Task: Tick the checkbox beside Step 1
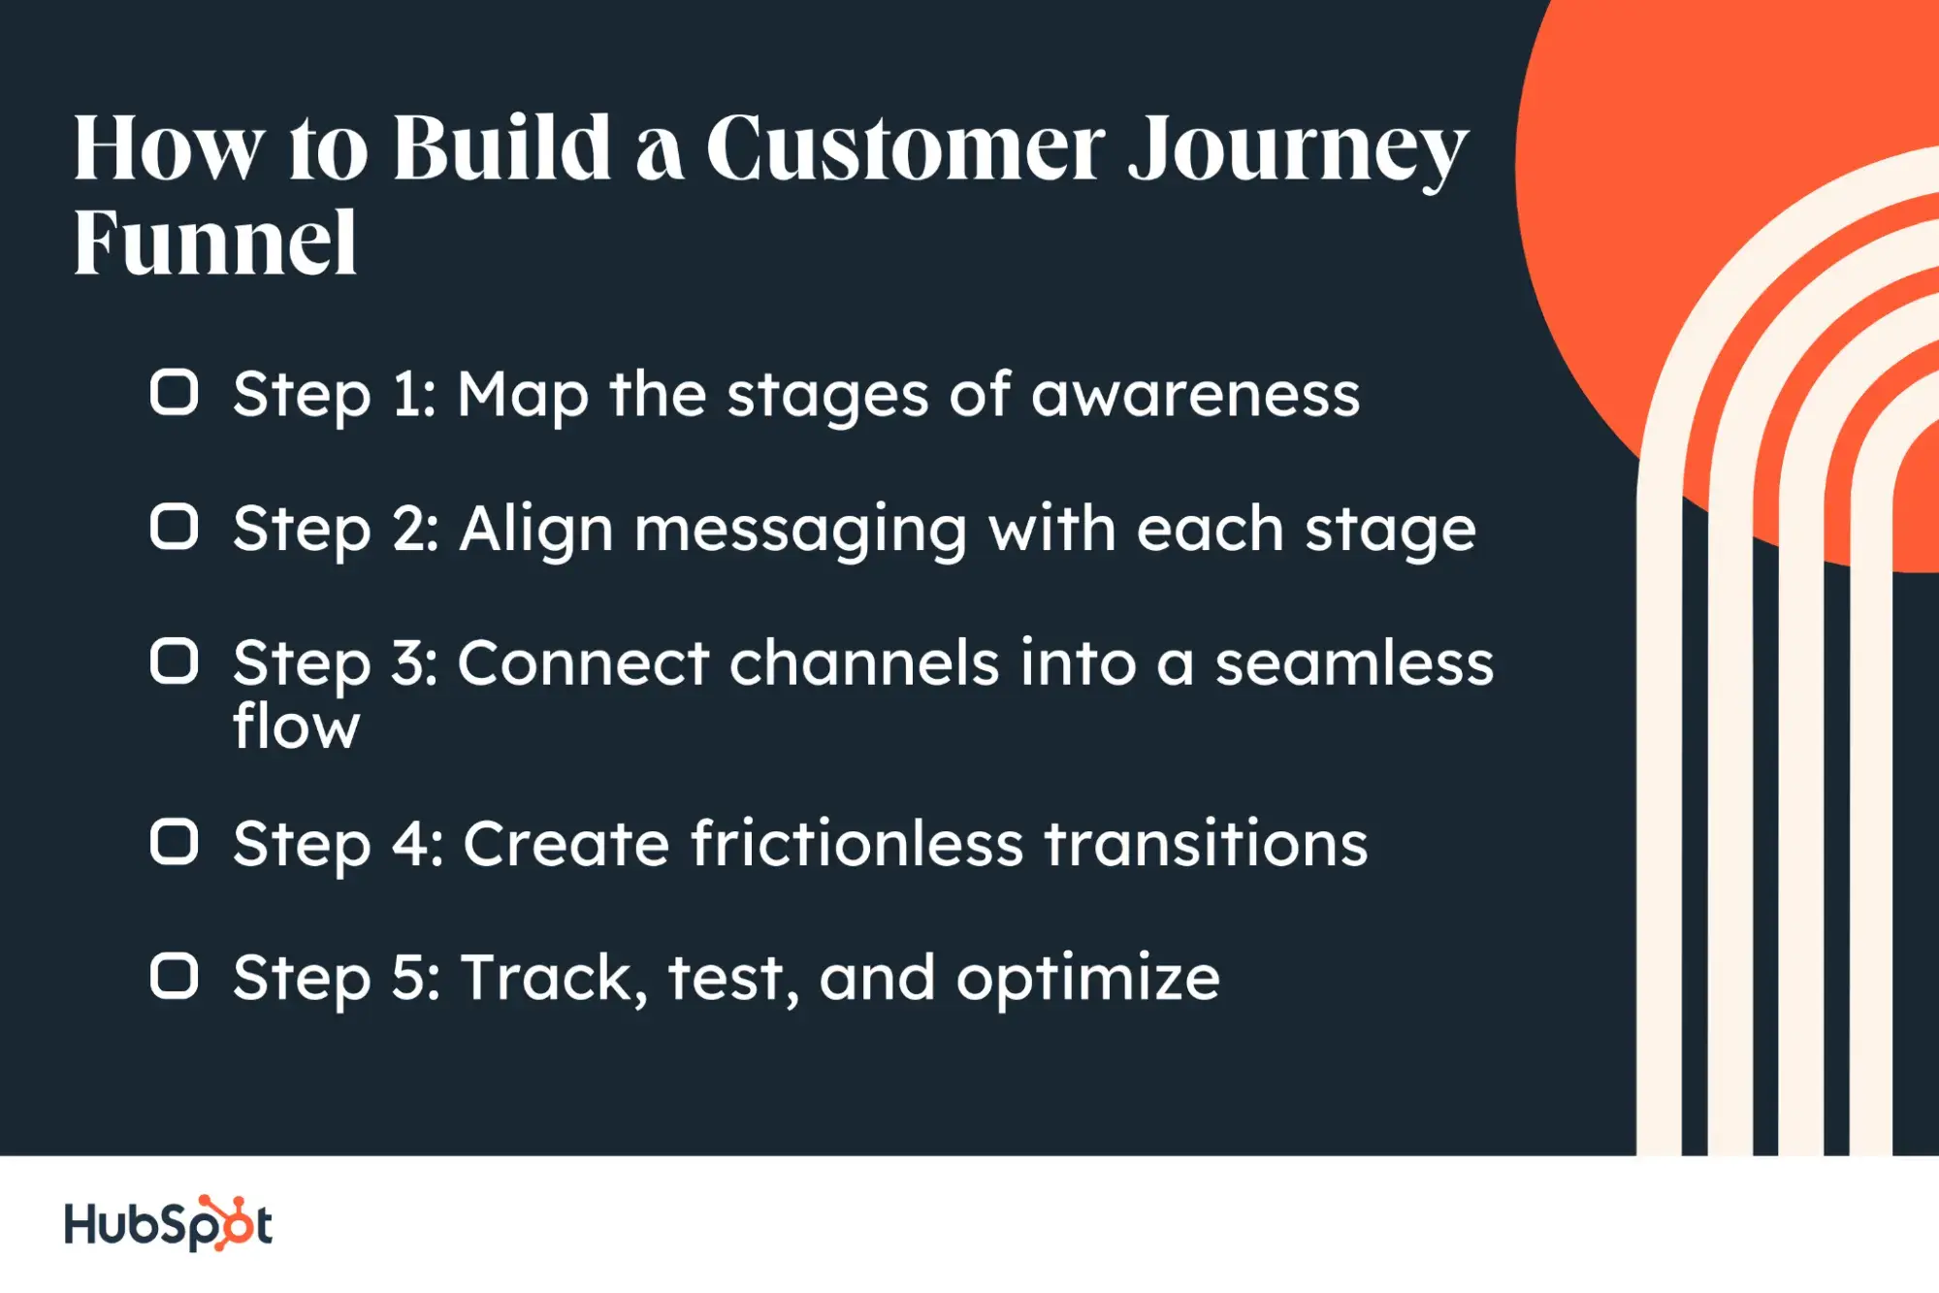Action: click(175, 393)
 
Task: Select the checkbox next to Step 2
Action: click(175, 527)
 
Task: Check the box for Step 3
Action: click(175, 662)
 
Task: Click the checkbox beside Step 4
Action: click(175, 841)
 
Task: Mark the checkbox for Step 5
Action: click(175, 976)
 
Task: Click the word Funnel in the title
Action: click(215, 243)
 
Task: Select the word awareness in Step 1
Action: click(1195, 396)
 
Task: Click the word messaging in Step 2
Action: click(800, 532)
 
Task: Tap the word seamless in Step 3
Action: click(1354, 664)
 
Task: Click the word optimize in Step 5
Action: click(1087, 980)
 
